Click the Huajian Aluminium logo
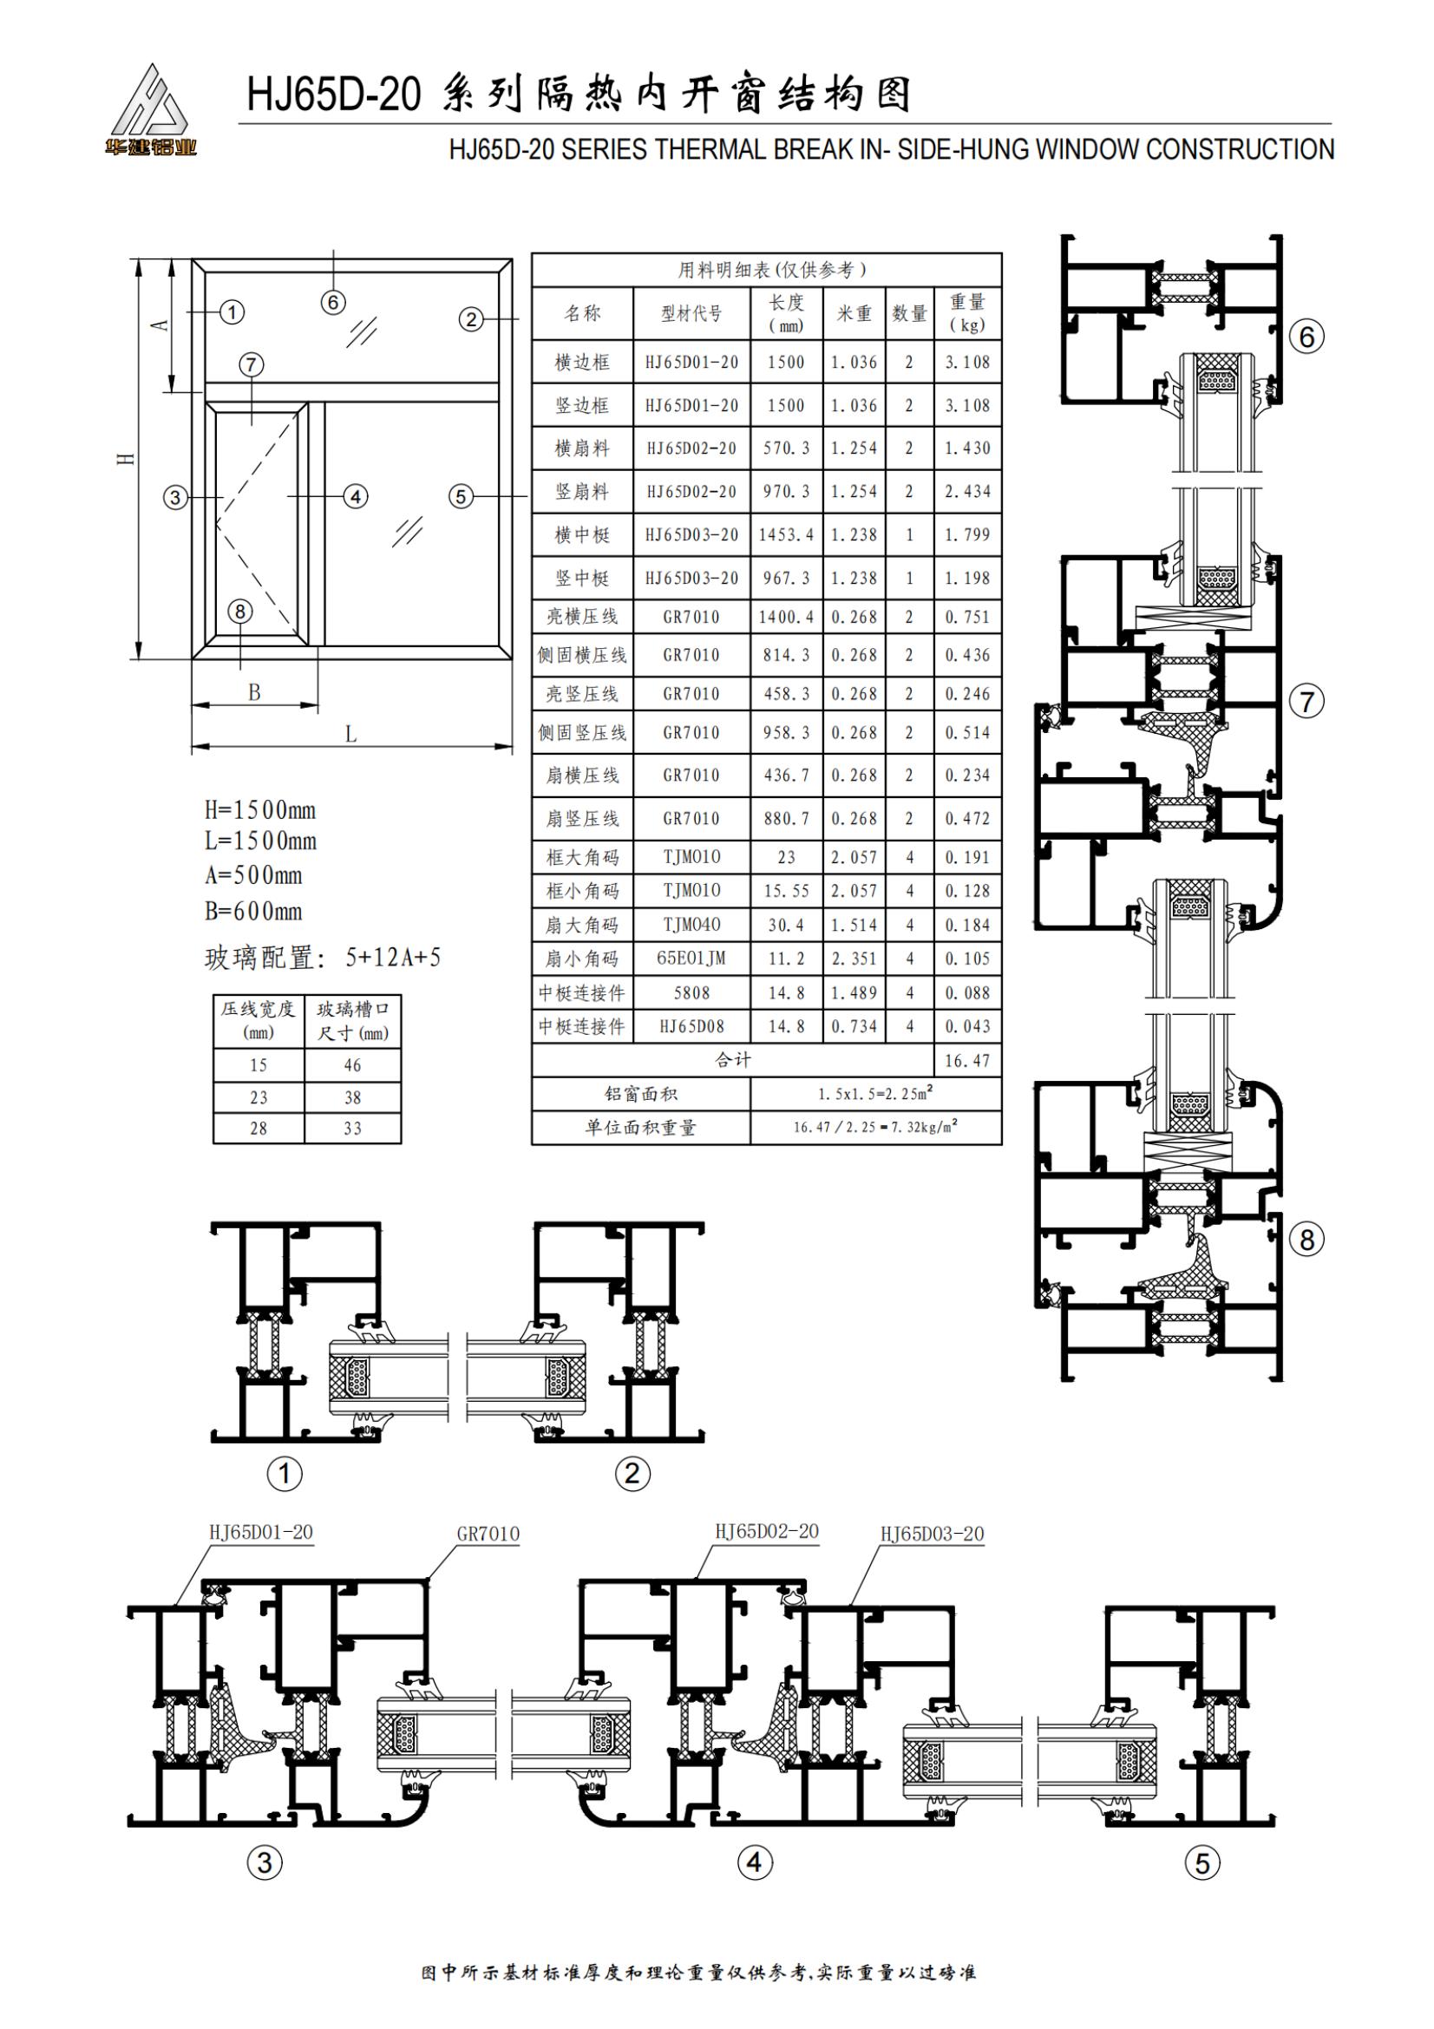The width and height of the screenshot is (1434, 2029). click(150, 110)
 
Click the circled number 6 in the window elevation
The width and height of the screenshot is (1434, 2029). click(333, 302)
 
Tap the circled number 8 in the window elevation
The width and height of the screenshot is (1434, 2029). click(239, 611)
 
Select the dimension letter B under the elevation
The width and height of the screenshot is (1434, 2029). click(254, 692)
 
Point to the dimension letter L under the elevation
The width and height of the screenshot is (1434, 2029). click(350, 735)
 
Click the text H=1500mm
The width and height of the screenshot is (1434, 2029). click(259, 809)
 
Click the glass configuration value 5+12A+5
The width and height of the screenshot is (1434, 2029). click(392, 957)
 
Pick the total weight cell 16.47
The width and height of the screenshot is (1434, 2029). click(967, 1060)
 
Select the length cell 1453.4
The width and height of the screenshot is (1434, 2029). click(786, 534)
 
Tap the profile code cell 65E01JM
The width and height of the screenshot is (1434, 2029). click(691, 959)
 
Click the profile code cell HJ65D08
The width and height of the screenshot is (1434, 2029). click(691, 1026)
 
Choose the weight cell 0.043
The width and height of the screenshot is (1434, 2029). click(967, 1026)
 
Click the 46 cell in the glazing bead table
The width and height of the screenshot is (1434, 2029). click(352, 1065)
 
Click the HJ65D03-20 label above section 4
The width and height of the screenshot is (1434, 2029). click(933, 1533)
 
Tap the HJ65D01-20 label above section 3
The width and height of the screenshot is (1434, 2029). click(260, 1531)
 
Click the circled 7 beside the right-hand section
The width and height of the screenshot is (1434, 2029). click(1307, 703)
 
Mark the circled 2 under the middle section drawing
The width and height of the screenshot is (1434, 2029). click(632, 1473)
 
